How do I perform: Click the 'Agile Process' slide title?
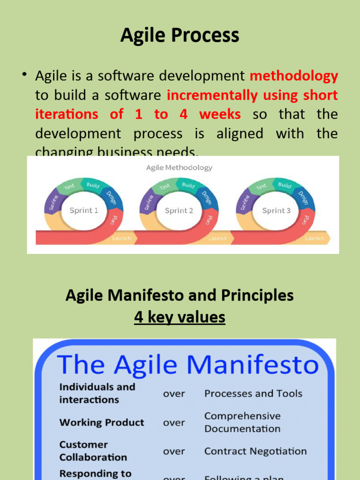[180, 36]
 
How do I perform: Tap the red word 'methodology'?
[294, 75]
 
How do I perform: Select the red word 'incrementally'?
[212, 95]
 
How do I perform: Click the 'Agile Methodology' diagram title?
[179, 167]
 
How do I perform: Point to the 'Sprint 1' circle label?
[84, 210]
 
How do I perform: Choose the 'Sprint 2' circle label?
[179, 210]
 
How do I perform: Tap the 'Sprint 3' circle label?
[276, 210]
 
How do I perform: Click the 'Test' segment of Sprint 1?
[69, 187]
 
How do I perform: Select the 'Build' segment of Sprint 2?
[188, 185]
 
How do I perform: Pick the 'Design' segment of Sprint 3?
[303, 197]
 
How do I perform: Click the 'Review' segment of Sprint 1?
[53, 202]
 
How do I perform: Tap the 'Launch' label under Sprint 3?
[314, 238]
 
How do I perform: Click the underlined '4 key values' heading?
[180, 317]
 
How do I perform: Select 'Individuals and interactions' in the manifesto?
[97, 393]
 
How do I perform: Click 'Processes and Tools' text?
[253, 394]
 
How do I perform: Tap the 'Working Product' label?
[102, 422]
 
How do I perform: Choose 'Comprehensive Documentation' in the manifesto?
[242, 422]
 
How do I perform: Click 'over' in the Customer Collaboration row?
[174, 451]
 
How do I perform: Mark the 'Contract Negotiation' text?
[255, 451]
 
